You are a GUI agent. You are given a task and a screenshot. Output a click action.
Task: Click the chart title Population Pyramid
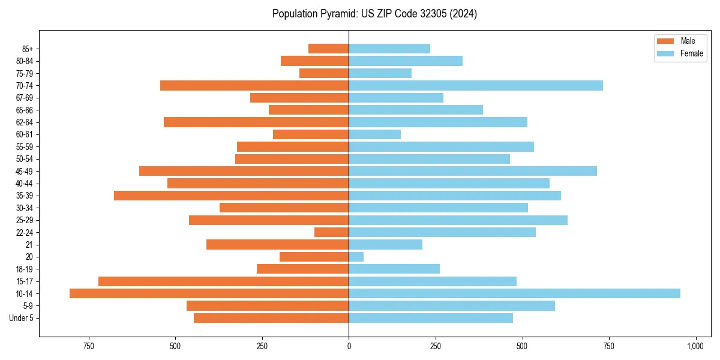(x=374, y=14)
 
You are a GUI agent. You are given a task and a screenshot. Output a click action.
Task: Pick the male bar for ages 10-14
(x=209, y=293)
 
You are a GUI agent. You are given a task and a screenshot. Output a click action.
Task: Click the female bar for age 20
(x=356, y=257)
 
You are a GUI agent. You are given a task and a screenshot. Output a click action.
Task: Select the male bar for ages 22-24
(x=331, y=232)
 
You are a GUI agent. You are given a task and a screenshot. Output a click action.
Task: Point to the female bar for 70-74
(x=475, y=86)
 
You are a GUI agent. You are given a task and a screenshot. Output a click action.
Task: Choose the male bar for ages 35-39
(x=231, y=196)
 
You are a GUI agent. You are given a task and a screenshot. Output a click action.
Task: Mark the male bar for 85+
(x=328, y=49)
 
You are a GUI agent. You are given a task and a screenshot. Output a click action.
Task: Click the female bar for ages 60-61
(x=374, y=134)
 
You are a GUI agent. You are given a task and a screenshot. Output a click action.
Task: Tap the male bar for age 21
(x=277, y=245)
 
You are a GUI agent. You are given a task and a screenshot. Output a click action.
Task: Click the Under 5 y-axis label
(x=22, y=318)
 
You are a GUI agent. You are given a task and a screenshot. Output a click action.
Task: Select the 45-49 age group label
(x=25, y=172)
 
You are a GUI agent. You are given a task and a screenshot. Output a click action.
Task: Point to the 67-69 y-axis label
(x=25, y=98)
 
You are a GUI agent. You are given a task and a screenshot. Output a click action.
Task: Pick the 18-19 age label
(x=25, y=269)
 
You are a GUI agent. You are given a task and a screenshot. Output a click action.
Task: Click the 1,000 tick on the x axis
(x=695, y=346)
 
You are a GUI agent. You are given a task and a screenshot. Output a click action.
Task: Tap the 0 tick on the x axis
(x=349, y=346)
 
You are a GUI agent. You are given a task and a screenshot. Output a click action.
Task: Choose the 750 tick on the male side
(x=89, y=346)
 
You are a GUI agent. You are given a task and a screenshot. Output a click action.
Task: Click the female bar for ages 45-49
(x=472, y=171)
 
